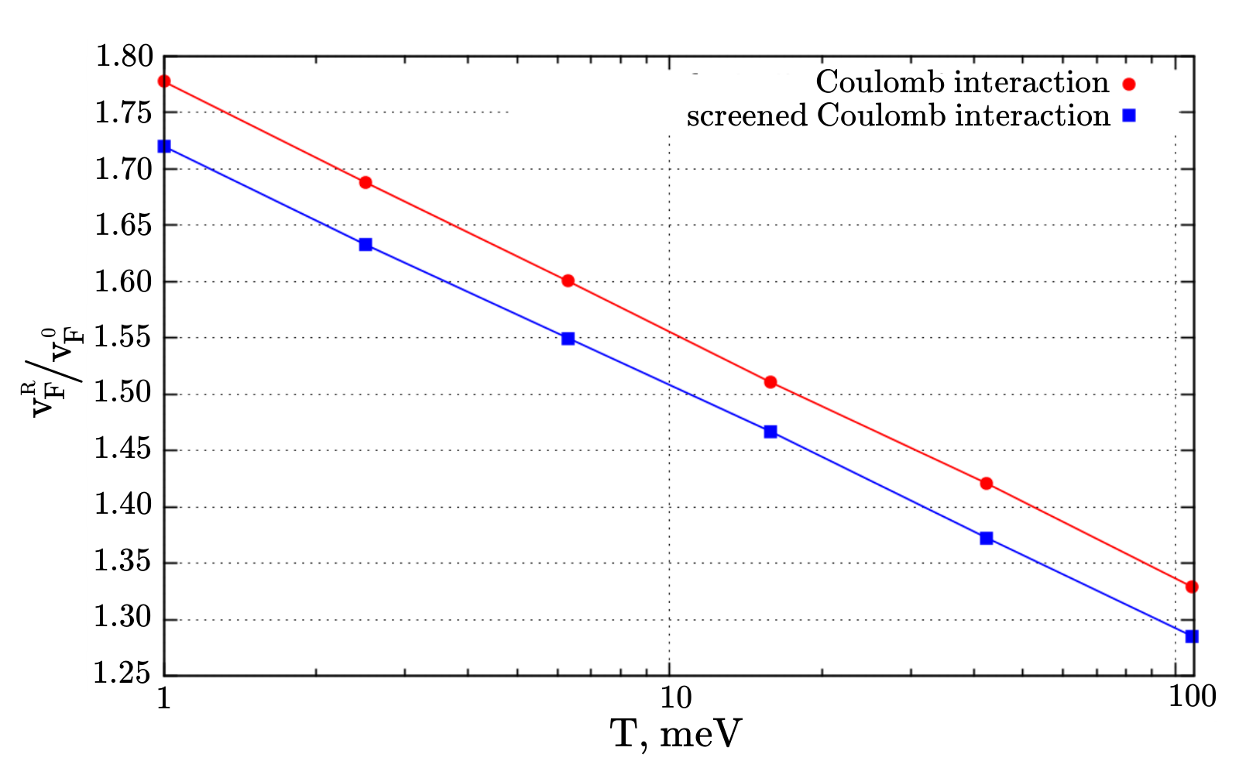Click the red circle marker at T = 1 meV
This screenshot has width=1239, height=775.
coord(164,81)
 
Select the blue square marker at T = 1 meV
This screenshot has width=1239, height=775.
coord(164,146)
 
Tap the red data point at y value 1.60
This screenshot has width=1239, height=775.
coord(568,281)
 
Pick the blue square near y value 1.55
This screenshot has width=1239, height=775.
coord(568,338)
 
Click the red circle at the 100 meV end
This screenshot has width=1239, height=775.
coord(1192,586)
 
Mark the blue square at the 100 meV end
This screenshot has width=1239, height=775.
coord(1192,636)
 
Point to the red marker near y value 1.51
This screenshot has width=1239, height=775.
coord(771,382)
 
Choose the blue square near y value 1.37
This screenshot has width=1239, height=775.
coord(987,538)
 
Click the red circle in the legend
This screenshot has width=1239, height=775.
coord(1129,84)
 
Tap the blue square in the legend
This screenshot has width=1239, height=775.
coord(1129,115)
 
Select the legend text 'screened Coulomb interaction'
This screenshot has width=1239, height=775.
coord(899,115)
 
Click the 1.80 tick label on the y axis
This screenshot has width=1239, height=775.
coord(123,57)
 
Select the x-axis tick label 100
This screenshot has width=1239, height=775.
coord(1192,697)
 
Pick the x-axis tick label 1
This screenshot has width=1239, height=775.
coord(163,697)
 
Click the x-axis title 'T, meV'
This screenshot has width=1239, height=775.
coord(676,734)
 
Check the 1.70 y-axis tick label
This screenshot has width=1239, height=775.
coord(123,169)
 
